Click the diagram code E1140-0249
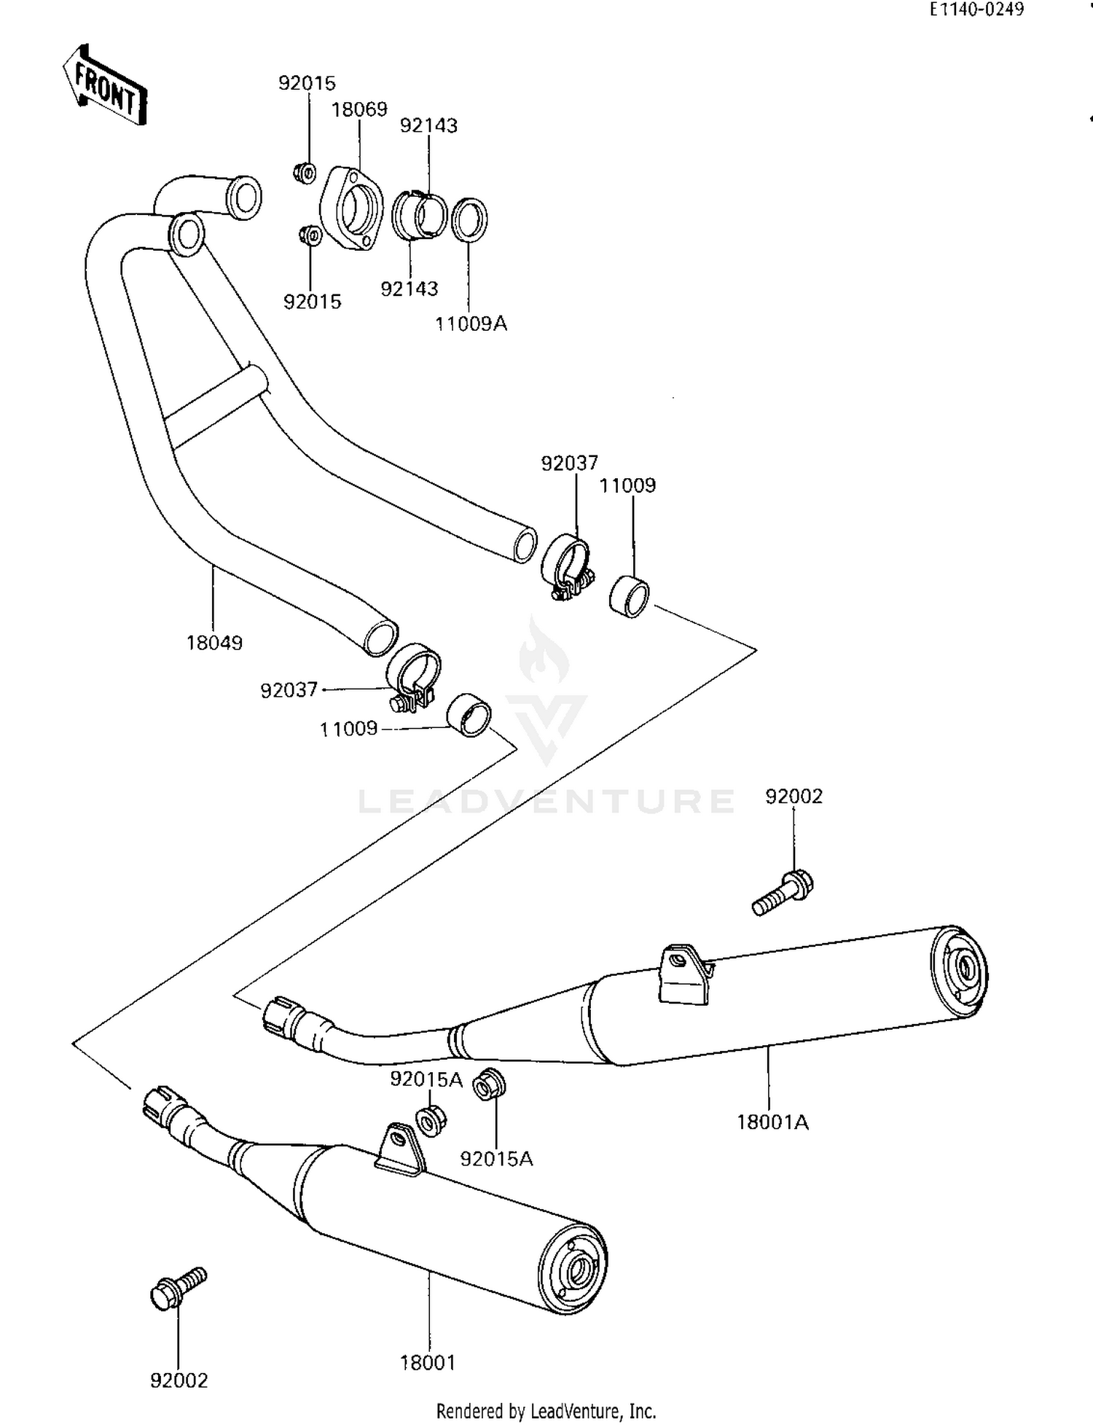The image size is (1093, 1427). pyautogui.click(x=976, y=9)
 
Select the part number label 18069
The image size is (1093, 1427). pyautogui.click(x=359, y=110)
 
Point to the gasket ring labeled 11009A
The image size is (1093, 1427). pyautogui.click(x=470, y=219)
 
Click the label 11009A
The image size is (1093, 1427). pyautogui.click(x=471, y=324)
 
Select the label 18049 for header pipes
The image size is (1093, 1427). pyautogui.click(x=214, y=643)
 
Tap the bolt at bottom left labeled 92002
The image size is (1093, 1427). pyautogui.click(x=178, y=1288)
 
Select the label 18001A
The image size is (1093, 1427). pyautogui.click(x=772, y=1122)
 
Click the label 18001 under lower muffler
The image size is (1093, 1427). pyautogui.click(x=428, y=1362)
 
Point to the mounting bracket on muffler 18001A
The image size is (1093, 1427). pyautogui.click(x=684, y=974)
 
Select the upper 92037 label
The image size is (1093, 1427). pyautogui.click(x=569, y=463)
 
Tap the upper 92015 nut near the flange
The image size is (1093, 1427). pyautogui.click(x=305, y=173)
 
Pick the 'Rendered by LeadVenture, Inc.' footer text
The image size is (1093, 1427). pyautogui.click(x=546, y=1411)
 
